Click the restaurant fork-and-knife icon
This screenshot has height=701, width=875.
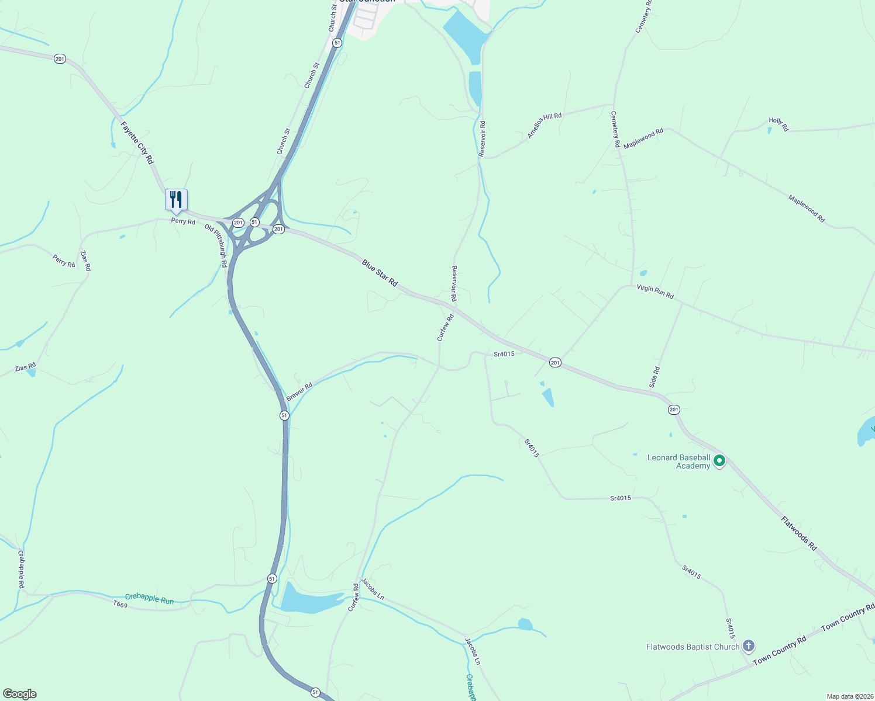176,200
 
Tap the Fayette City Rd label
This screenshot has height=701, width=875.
137,143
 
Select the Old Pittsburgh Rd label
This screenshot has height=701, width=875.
216,246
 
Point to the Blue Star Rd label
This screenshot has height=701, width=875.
380,273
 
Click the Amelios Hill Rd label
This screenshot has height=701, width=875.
545,126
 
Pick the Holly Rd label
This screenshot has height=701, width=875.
778,124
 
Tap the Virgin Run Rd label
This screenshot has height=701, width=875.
655,291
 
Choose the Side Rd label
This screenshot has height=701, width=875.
654,377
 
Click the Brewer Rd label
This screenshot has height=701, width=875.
299,391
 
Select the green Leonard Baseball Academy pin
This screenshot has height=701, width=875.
720,461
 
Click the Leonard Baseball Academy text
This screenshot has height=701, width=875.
678,461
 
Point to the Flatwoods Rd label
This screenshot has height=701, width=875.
799,533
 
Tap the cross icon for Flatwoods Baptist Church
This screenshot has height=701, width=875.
748,646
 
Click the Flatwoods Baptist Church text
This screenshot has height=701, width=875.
693,647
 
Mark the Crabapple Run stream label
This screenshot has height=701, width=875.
150,599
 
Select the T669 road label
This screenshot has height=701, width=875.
120,605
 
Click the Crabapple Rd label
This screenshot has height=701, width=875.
21,569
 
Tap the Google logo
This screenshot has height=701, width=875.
20,694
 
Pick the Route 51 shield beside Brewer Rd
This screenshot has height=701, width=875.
284,415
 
